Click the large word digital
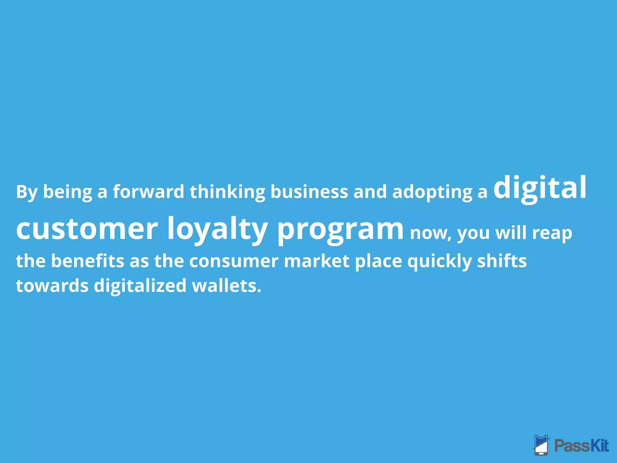540,188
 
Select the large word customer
87,229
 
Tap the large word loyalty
217,229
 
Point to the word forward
148,192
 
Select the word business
309,192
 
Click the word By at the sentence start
27,192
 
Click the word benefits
87,261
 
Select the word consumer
233,261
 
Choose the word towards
52,286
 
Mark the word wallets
226,286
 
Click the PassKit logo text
581,446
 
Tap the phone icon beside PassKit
541,445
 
